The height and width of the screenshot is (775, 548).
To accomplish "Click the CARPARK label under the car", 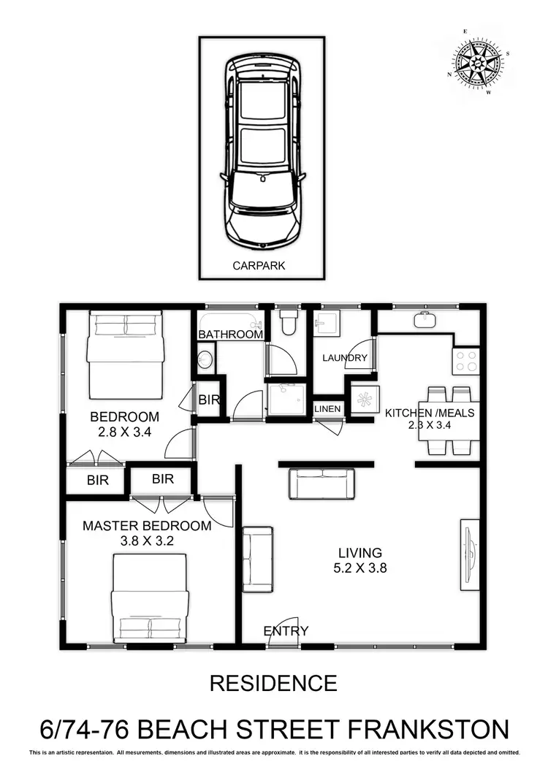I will tap(259, 266).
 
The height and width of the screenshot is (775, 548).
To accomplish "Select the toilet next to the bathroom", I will tap(289, 323).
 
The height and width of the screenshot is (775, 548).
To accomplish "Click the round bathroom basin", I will tap(205, 359).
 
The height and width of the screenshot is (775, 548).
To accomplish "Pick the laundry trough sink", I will tap(327, 323).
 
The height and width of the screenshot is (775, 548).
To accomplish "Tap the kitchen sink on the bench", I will tap(425, 320).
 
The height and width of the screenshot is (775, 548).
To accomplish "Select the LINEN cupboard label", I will tap(327, 409).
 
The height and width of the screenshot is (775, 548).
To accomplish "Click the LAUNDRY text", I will tap(344, 358).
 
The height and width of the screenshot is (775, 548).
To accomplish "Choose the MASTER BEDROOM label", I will tap(147, 526).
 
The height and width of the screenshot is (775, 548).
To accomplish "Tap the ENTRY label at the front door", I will tap(286, 631).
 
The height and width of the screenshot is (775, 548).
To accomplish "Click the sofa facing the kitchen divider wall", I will tap(322, 484).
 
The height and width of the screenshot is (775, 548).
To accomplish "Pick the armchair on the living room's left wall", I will tap(257, 559).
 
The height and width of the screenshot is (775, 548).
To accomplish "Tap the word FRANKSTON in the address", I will tap(428, 729).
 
